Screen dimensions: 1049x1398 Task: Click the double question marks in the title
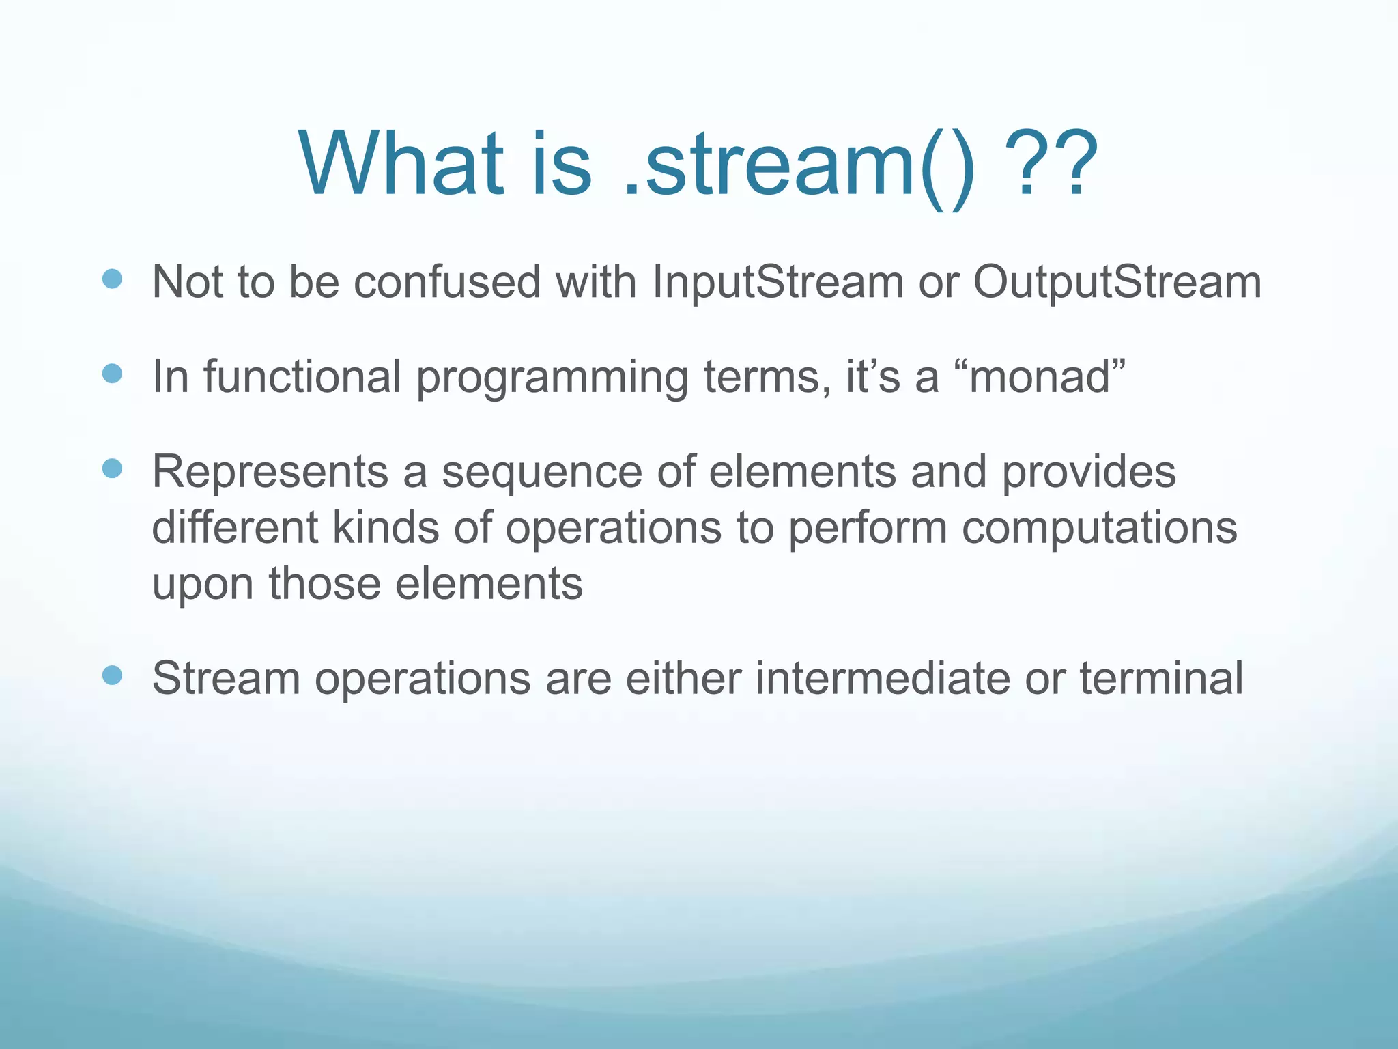point(1055,165)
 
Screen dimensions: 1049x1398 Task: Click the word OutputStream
point(1117,282)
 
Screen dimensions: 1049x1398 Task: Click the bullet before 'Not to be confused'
point(112,279)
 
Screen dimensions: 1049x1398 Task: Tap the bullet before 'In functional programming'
point(112,374)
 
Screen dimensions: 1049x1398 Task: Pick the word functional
point(302,377)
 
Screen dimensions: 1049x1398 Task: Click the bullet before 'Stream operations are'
point(112,675)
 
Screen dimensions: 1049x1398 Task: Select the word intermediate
point(881,679)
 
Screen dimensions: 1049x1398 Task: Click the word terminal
point(1160,679)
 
